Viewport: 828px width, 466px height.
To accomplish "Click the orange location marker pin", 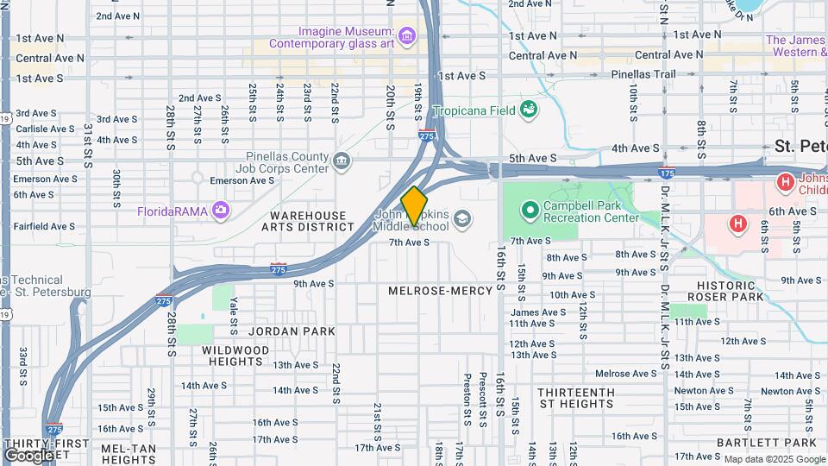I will [414, 206].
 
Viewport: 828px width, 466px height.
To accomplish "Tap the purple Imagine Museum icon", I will [407, 35].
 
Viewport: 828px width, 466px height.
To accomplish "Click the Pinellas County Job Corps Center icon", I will [342, 161].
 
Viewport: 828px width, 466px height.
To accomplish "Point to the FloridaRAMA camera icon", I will [221, 210].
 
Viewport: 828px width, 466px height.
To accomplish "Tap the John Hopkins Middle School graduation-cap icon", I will [463, 217].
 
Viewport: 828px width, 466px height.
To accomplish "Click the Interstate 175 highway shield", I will [666, 173].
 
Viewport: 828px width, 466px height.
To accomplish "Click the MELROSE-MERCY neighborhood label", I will [440, 291].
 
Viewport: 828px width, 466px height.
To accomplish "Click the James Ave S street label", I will [537, 312].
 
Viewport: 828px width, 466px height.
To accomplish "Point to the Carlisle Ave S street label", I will [45, 129].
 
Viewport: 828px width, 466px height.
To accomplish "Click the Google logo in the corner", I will [28, 455].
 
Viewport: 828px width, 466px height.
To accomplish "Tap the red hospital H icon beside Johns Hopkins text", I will [785, 182].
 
